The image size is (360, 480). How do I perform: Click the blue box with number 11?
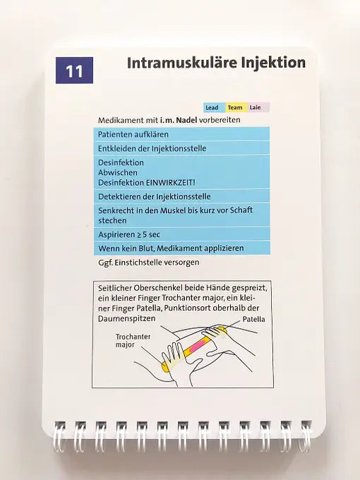coord(74,71)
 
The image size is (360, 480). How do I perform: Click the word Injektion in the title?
coord(271,63)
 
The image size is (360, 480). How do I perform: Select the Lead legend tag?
coord(212,108)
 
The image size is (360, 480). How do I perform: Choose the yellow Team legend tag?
coord(235,108)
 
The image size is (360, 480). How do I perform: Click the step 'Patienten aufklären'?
coord(128,134)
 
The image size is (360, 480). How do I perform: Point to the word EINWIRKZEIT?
coord(168,181)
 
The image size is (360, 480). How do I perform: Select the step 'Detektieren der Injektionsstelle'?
coord(154,196)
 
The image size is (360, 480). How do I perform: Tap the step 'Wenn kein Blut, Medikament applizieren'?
coord(171,248)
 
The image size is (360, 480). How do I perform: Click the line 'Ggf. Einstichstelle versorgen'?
coord(148,263)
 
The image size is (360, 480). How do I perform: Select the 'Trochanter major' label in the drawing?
coord(133,341)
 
